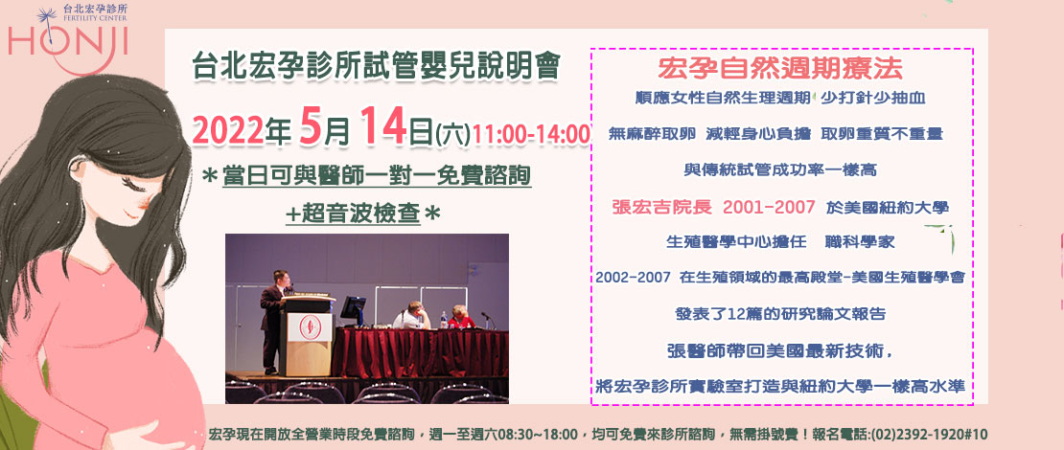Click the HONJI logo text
[68, 42]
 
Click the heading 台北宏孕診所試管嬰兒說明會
[376, 66]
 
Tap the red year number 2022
[228, 129]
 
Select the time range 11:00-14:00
[531, 133]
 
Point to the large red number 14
[383, 125]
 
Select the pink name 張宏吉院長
[661, 208]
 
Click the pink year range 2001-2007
[769, 208]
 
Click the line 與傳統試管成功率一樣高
[779, 169]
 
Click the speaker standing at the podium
[275, 320]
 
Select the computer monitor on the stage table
[353, 311]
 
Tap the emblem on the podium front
[308, 326]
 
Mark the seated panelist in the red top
[461, 317]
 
